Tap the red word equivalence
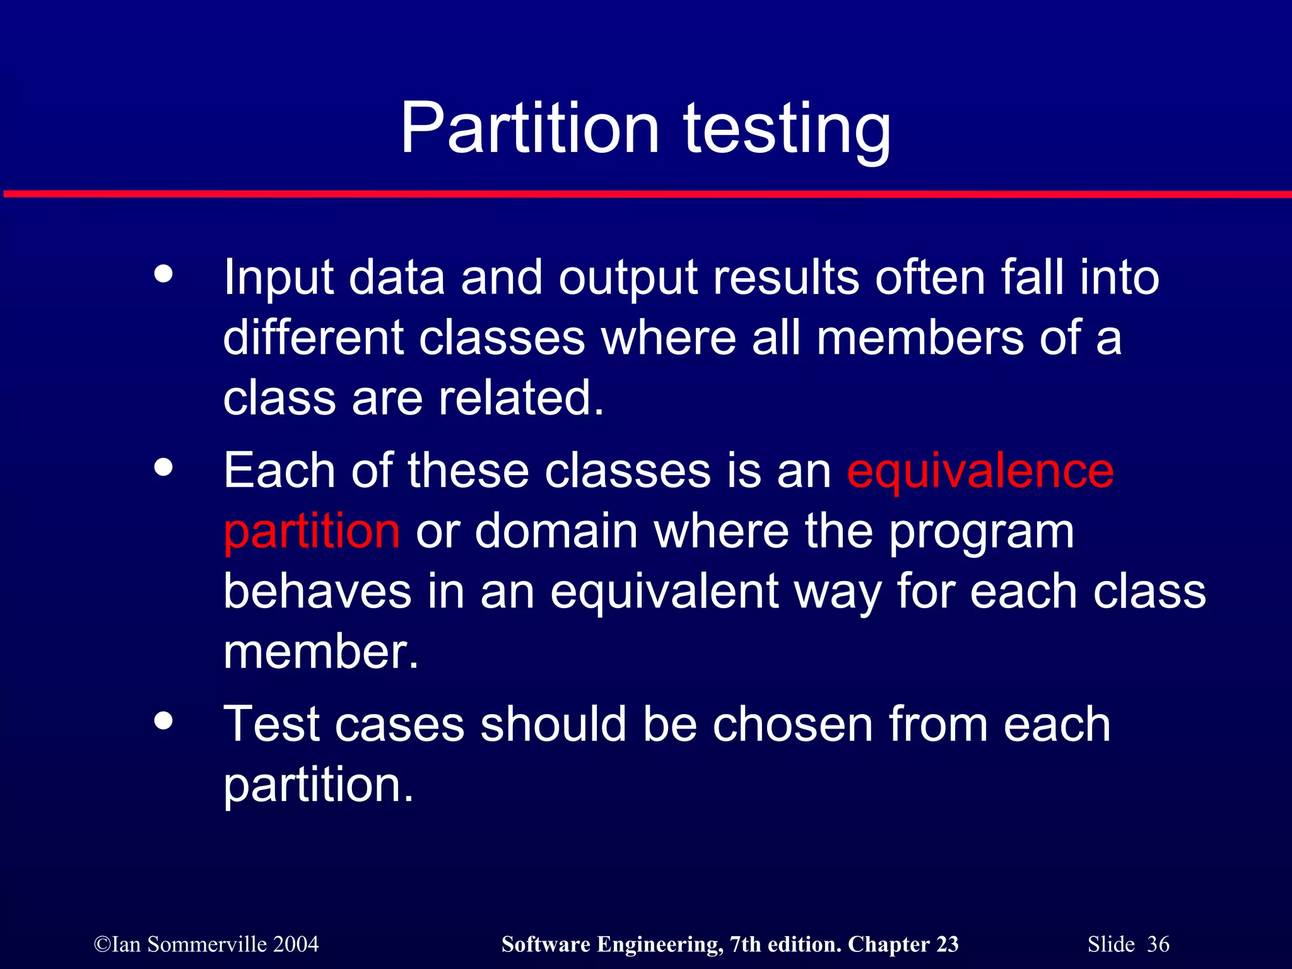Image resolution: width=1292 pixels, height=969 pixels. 980,472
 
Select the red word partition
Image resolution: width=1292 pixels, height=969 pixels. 312,532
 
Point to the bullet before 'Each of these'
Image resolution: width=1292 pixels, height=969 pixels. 163,467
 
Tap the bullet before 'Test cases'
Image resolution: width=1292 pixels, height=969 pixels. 163,720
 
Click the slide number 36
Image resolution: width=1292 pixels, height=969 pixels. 1158,944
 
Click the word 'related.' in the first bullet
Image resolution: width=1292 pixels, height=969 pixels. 521,399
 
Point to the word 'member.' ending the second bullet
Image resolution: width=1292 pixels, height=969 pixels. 321,652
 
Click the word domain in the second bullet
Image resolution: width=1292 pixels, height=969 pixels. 556,532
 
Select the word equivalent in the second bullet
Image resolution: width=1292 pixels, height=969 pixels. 664,593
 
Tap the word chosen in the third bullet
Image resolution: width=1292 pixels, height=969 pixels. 793,725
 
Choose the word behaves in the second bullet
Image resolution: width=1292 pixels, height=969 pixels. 317,592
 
